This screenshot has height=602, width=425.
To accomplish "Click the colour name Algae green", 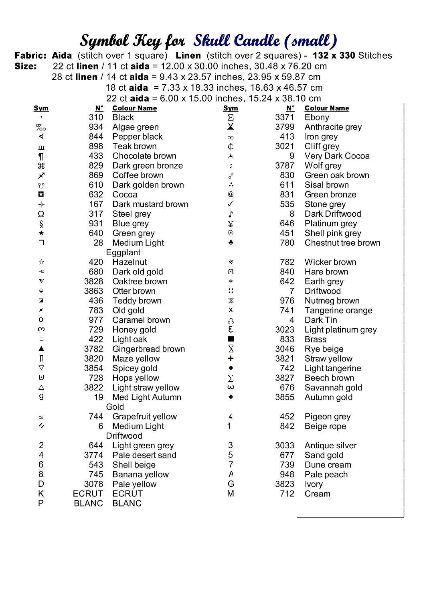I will pos(136,127).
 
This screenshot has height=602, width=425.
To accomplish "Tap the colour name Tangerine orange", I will pos(338,310).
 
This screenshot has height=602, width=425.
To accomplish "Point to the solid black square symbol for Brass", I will pos(231,339).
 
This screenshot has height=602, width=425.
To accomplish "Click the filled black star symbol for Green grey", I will pos(41,233).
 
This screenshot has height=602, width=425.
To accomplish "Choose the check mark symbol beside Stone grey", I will pos(231,204).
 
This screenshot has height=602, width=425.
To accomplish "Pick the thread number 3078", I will pos(93,484).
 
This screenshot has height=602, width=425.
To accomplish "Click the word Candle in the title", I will pos(257,41).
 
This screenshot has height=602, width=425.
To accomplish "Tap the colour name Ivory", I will pos(314,484).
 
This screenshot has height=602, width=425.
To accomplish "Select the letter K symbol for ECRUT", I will pos(41,494).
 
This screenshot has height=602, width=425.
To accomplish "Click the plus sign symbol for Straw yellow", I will pos(231,358).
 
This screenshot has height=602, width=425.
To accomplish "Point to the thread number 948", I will pos(287,474).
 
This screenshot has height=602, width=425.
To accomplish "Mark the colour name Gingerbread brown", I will pos(149,349).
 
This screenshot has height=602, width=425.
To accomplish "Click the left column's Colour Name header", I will pos(135,108).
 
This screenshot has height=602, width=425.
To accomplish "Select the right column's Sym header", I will pos(231,108).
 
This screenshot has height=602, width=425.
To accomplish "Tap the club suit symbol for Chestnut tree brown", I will pos(231,242).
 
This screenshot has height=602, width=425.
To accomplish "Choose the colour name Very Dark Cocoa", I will pos(337,156).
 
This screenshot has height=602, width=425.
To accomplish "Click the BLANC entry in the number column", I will pos(89,503).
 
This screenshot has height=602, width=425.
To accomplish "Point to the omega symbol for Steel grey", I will pos(41,214).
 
